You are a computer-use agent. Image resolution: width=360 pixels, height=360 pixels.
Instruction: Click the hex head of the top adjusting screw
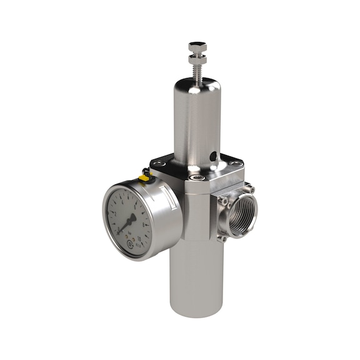(x=197, y=46)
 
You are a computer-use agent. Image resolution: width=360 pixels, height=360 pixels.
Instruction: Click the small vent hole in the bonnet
(x=213, y=156)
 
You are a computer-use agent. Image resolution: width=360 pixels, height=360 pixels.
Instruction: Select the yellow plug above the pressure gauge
(x=144, y=178)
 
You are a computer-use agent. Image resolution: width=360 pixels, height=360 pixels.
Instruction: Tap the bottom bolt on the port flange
(x=221, y=237)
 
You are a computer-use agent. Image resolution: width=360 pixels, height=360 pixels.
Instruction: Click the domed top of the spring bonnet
(x=196, y=86)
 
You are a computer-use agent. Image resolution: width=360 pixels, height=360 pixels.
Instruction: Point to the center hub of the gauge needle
(x=132, y=219)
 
